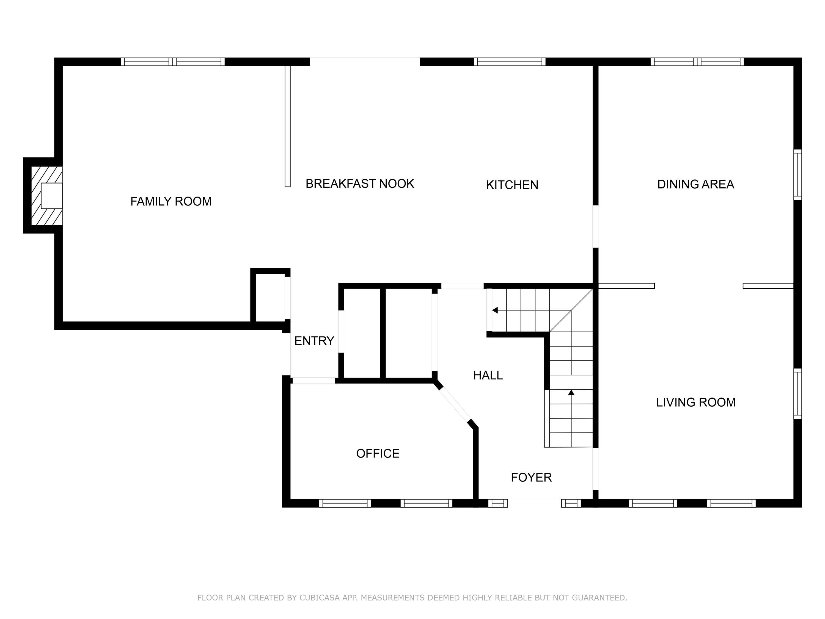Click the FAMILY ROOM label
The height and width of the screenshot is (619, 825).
pos(171,201)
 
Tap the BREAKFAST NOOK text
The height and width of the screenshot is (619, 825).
pos(359,183)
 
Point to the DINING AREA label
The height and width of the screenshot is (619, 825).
pos(695,184)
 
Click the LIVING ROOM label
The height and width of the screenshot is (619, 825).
pos(695,402)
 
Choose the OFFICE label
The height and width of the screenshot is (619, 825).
pos(378,453)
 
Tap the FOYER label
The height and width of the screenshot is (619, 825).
pos(531,477)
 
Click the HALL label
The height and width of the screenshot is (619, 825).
pos(488,375)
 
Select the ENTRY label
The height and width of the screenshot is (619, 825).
pos(314,341)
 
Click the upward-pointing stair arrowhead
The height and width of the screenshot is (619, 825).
pos(571,393)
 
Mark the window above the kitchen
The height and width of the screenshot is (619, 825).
pos(510,62)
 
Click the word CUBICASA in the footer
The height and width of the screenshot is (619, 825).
pos(320,598)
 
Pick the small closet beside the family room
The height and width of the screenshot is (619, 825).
pos(270,298)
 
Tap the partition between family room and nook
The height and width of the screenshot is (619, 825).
pos(287,126)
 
